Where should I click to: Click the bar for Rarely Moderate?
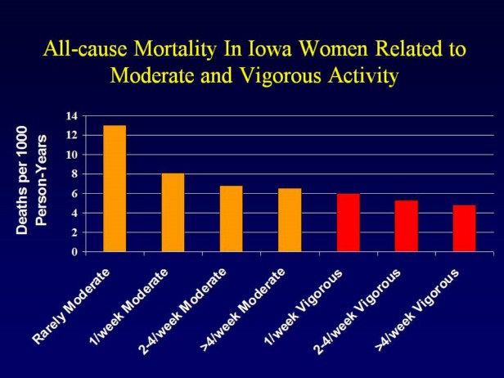pyautogui.click(x=115, y=189)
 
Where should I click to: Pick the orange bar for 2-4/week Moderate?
pyautogui.click(x=232, y=219)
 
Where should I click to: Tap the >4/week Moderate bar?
pyautogui.click(x=290, y=220)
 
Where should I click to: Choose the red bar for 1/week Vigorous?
pyautogui.click(x=349, y=223)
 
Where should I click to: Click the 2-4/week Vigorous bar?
pyautogui.click(x=407, y=226)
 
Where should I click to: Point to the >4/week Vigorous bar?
pyautogui.click(x=465, y=228)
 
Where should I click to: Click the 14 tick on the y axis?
pyautogui.click(x=74, y=115)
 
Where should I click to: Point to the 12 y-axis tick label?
pyautogui.click(x=74, y=135)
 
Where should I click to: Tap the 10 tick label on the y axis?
pyautogui.click(x=74, y=155)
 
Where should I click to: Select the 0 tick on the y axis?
pyautogui.click(x=77, y=252)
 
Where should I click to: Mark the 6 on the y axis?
pyautogui.click(x=77, y=194)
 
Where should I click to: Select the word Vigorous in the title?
pyautogui.click(x=286, y=76)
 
